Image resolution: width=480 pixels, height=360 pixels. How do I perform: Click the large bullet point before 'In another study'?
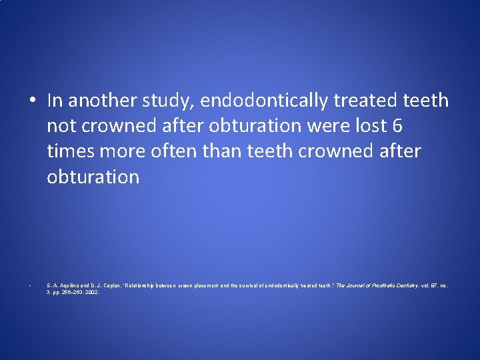tap(32, 101)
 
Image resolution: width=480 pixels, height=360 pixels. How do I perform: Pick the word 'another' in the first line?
tap(102, 101)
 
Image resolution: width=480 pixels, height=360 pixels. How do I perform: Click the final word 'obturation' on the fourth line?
tap(93, 177)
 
